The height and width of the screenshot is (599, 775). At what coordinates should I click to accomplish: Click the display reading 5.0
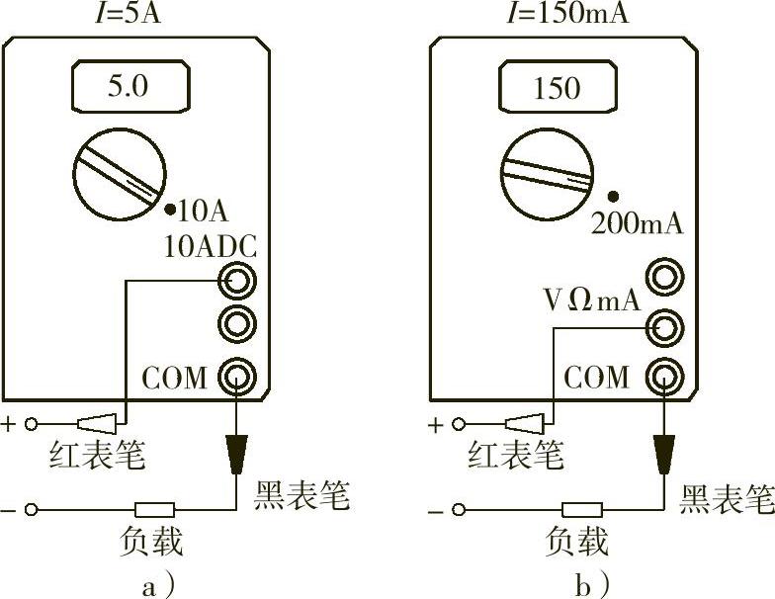[x=128, y=86]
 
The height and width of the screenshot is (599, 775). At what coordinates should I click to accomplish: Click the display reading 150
[x=556, y=88]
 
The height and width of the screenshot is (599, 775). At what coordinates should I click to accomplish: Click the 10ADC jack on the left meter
[x=236, y=282]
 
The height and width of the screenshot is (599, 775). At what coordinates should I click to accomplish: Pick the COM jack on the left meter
[x=236, y=376]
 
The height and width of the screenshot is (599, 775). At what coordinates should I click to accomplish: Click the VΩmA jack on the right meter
[x=662, y=324]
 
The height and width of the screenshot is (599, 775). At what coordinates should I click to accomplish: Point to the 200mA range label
[x=637, y=222]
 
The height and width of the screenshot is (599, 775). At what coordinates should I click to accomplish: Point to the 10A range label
[x=205, y=210]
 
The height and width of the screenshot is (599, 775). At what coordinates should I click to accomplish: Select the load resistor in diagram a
[x=155, y=510]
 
